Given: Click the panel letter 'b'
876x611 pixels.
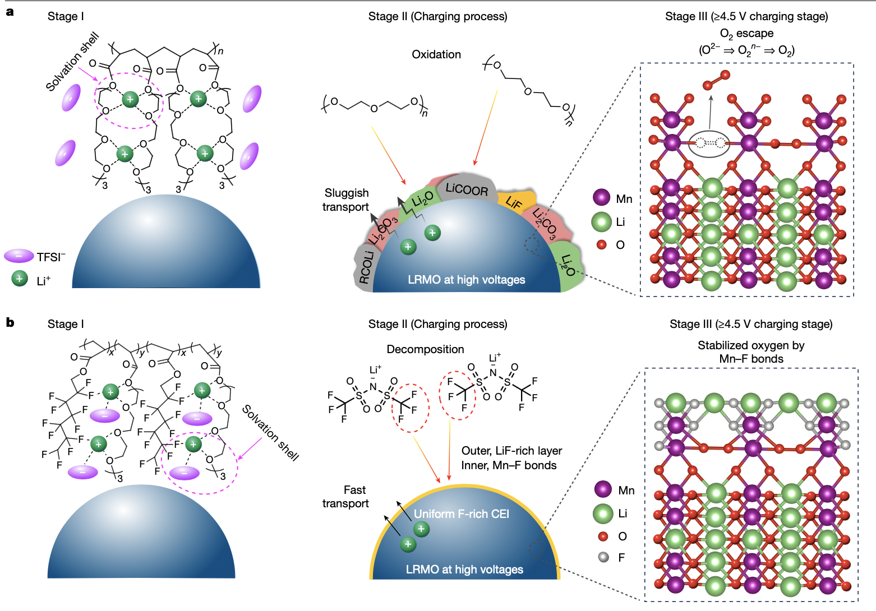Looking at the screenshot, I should [x=10, y=322].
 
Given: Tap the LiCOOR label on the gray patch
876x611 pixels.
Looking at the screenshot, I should [x=467, y=189].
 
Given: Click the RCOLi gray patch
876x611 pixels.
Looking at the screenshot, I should [x=366, y=267].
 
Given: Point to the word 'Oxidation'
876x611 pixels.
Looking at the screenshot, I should [x=436, y=54].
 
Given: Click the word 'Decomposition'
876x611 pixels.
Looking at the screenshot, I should [x=425, y=349].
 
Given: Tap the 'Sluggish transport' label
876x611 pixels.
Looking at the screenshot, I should [x=346, y=200].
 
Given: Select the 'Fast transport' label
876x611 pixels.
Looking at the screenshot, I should [x=346, y=497].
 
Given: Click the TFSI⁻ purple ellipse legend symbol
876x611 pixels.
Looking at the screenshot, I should [x=19, y=256].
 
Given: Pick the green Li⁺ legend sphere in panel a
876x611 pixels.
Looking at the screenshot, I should [x=20, y=279].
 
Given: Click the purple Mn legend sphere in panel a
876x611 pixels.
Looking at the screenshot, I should [x=601, y=198].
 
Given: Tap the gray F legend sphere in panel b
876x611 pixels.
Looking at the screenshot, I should [x=603, y=557].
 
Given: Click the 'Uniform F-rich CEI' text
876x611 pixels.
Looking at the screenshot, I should [x=461, y=514].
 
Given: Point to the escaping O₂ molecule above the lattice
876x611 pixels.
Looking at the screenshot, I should [x=716, y=80].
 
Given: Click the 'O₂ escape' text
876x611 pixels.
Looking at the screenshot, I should [x=746, y=34].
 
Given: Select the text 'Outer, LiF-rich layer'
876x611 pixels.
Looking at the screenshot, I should [x=511, y=451].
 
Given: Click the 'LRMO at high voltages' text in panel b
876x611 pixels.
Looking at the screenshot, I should [x=464, y=570].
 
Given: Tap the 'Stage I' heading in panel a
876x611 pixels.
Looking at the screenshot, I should [x=66, y=16].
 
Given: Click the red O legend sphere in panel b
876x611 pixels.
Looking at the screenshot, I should [x=603, y=536].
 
